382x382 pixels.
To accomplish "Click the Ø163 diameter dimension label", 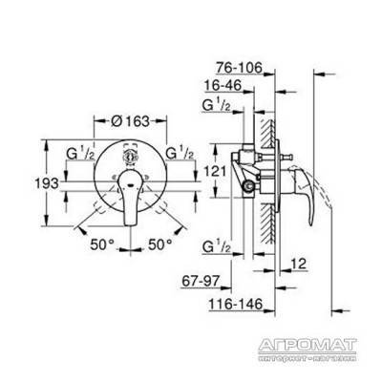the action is click(131, 121).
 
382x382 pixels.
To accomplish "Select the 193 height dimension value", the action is click(47, 183).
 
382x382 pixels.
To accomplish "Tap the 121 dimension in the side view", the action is click(214, 172).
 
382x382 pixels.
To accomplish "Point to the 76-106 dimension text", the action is click(239, 68).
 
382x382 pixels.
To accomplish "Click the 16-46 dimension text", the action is click(223, 85).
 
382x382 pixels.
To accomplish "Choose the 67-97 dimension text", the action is click(201, 281).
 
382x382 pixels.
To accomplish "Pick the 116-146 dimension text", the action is click(236, 304).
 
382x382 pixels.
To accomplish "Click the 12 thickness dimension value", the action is click(298, 264).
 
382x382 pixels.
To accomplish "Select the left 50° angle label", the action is click(102, 244).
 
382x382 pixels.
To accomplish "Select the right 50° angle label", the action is click(159, 244).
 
